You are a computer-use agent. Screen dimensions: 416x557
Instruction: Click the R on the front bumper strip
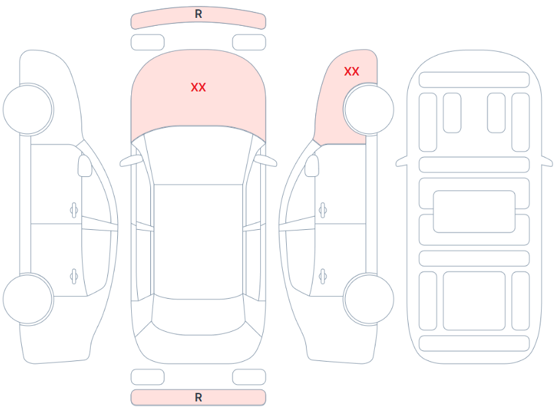coord(198,14)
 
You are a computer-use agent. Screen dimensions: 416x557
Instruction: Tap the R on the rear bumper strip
coord(198,397)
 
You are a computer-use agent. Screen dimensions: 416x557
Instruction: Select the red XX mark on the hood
coord(198,87)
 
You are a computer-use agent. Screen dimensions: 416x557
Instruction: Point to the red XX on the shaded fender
coord(352,72)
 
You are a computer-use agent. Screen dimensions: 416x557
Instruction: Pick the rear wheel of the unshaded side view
coord(28,299)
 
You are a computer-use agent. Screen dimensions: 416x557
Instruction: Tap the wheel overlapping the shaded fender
coord(369,109)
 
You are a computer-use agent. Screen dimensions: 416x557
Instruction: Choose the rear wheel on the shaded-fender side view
coord(369,299)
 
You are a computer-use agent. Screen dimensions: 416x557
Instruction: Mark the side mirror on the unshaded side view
coord(85,166)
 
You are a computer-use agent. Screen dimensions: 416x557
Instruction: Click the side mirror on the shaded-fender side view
coord(312,166)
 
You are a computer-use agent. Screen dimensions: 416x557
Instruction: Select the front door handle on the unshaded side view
coord(74,210)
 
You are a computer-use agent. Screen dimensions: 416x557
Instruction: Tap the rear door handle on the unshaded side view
coord(74,276)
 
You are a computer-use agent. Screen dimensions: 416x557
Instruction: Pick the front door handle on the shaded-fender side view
coord(323,210)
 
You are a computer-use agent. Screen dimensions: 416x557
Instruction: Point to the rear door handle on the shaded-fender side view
coord(323,276)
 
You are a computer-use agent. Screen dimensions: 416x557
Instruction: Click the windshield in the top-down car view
coord(198,156)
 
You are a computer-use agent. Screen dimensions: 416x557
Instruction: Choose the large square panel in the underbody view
coord(474,300)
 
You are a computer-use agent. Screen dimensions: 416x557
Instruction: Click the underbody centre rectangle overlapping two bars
coord(474,211)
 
